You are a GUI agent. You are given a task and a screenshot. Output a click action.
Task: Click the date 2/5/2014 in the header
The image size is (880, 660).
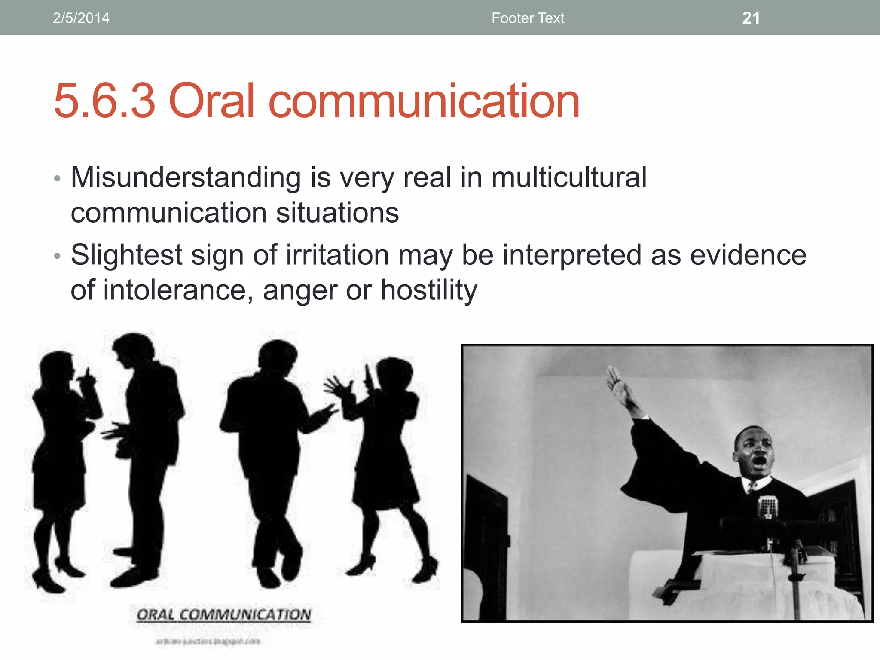pos(81,18)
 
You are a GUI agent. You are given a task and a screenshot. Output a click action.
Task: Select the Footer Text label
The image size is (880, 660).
pos(528,18)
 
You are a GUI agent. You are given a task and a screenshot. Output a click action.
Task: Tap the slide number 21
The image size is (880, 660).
pos(751,18)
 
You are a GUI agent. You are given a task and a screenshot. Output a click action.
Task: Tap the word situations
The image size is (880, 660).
pos(337,213)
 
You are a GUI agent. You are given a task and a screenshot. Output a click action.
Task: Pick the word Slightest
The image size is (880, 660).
pos(127,255)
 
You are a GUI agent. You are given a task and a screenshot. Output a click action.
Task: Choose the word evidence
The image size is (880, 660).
pos(748,255)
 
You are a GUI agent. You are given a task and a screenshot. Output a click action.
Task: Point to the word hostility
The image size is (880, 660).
pos(429,290)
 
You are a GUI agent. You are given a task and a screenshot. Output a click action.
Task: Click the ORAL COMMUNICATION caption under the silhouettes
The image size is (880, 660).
pos(224,615)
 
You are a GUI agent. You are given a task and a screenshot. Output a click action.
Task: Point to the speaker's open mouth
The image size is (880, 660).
pos(760,462)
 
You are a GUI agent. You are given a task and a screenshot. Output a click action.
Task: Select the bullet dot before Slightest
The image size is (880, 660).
pos(58,256)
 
